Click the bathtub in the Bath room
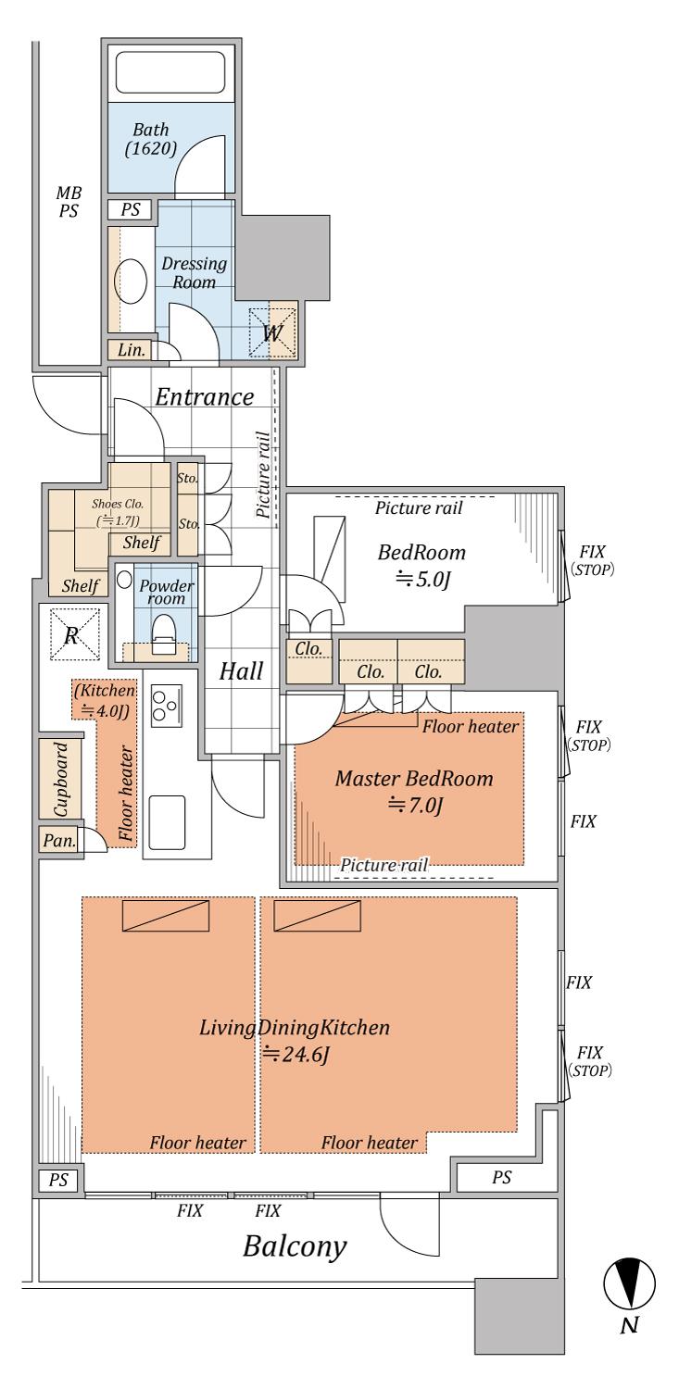pyautogui.click(x=170, y=72)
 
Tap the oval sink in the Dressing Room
pyautogui.click(x=131, y=281)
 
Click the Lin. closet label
pyautogui.click(x=132, y=350)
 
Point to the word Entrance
pyautogui.click(x=205, y=397)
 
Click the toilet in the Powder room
pyautogui.click(x=164, y=633)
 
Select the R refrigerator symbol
pyautogui.click(x=74, y=634)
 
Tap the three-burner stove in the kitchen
pyautogui.click(x=166, y=706)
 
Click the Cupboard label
pyautogui.click(x=60, y=779)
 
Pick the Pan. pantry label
pyautogui.click(x=59, y=842)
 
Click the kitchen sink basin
pyautogui.click(x=166, y=822)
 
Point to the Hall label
pyautogui.click(x=241, y=671)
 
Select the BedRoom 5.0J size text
pyautogui.click(x=423, y=579)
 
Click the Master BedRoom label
pyautogui.click(x=414, y=779)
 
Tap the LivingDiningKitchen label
pyautogui.click(x=295, y=1028)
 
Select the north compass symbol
pyautogui.click(x=629, y=1283)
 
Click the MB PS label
pyautogui.click(x=69, y=202)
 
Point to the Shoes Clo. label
pyautogui.click(x=118, y=504)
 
